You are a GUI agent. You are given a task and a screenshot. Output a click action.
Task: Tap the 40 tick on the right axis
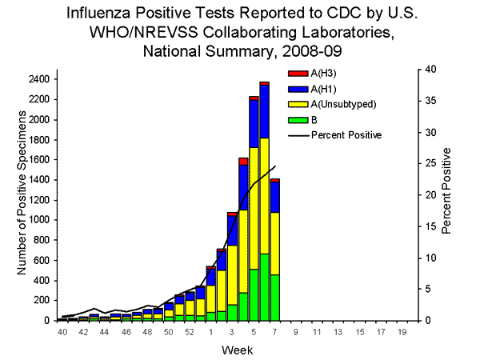(430, 70)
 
